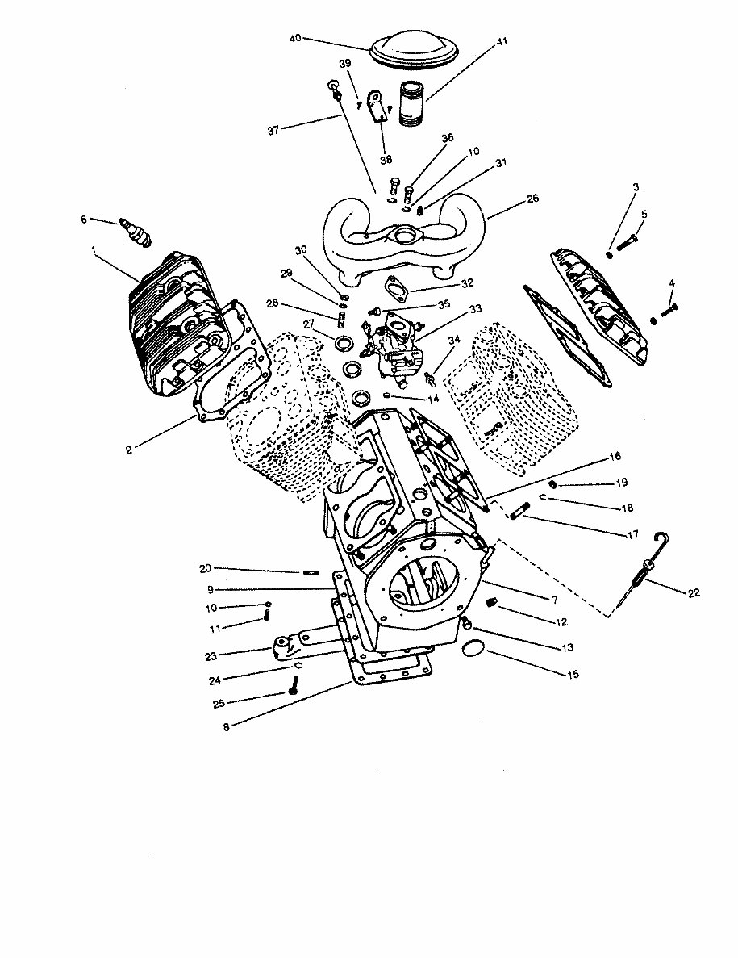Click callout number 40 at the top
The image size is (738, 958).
pyautogui.click(x=294, y=38)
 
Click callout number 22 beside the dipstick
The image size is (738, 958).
pyautogui.click(x=694, y=592)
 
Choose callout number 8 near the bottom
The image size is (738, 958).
pyautogui.click(x=227, y=726)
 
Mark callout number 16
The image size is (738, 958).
pyautogui.click(x=615, y=456)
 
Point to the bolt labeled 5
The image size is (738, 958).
pyautogui.click(x=629, y=240)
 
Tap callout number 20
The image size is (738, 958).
pyautogui.click(x=205, y=568)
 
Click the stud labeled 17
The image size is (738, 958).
pyautogui.click(x=519, y=512)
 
